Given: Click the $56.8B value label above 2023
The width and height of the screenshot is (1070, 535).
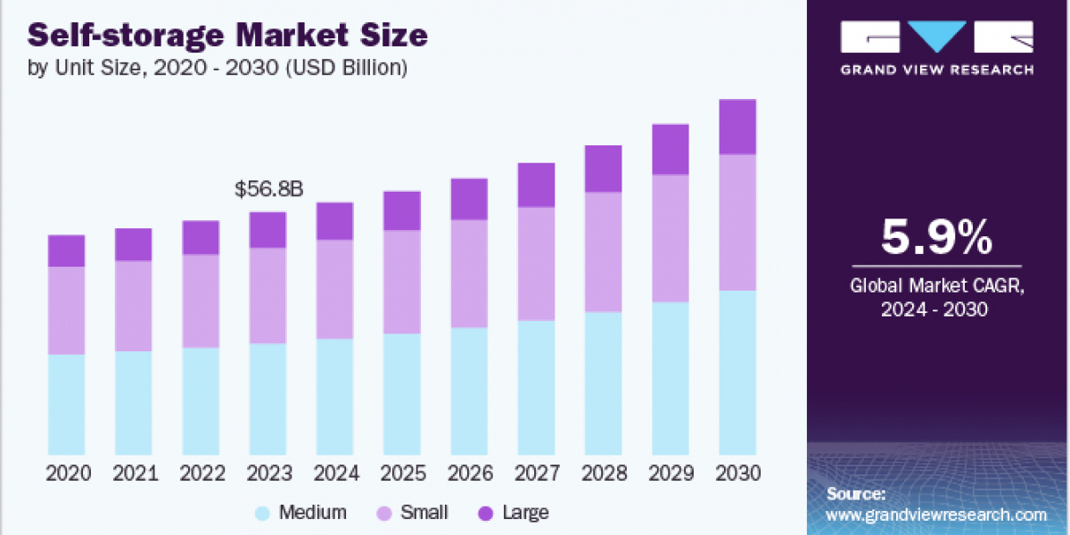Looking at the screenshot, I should coord(268,189).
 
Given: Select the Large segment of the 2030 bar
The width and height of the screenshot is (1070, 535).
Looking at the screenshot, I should coord(737,127).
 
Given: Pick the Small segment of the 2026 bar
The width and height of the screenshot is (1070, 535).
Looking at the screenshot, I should coord(469,273).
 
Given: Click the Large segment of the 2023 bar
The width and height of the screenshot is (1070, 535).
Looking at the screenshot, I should coord(267,229).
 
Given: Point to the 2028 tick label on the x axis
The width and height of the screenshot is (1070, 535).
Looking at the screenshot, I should coord(604,473).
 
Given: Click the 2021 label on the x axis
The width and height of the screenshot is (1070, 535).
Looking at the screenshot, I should coord(134,473).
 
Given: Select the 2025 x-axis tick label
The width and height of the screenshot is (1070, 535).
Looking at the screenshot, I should coord(402,473).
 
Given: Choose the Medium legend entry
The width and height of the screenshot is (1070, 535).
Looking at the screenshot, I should coord(300,513).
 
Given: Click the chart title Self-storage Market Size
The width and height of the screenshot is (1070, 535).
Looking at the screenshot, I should coord(228,37).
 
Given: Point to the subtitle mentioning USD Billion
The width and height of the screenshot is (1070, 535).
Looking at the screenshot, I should coord(219,67).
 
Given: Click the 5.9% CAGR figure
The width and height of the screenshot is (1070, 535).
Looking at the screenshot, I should coord(936,238).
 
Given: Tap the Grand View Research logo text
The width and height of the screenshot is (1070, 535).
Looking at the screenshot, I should coord(936,70).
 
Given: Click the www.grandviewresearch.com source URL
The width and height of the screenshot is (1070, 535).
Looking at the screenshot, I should coord(936,514).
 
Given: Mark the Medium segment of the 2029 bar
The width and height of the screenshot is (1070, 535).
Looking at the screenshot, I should coord(671,378).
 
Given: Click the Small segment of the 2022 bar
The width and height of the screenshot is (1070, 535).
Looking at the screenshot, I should coord(201,300).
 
